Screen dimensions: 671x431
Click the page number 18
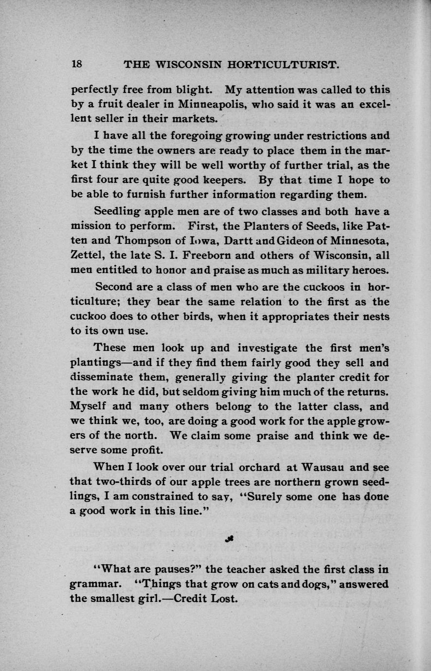coord(77,64)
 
